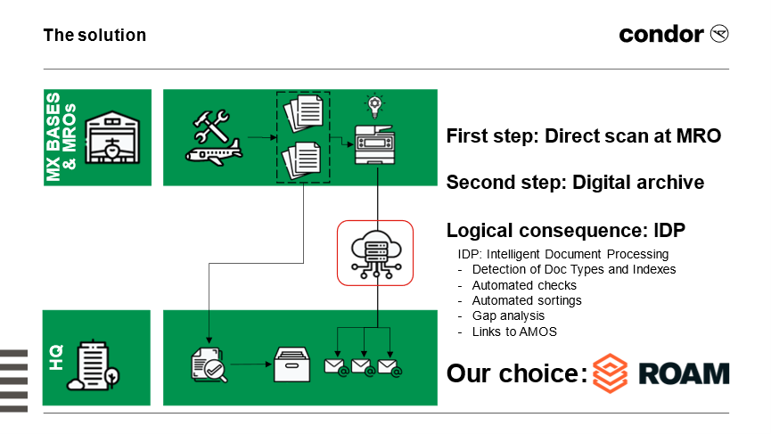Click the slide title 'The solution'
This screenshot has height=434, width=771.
(94, 36)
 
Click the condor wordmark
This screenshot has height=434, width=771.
(660, 35)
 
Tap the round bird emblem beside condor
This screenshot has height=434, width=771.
(719, 34)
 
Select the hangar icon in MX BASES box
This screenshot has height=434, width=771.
(112, 137)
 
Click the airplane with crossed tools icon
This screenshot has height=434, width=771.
(213, 137)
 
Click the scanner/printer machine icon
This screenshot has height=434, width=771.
(375, 144)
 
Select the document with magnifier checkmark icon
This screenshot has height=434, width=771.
(209, 364)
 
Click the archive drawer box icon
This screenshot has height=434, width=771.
(292, 364)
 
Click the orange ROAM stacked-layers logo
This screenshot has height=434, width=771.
(611, 373)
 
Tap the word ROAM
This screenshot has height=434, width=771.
(684, 373)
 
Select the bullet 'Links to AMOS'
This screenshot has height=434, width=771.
(514, 332)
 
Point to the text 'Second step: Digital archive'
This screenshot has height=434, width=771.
(575, 183)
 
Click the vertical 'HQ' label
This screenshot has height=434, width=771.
(56, 357)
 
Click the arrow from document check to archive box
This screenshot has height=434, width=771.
(250, 364)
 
